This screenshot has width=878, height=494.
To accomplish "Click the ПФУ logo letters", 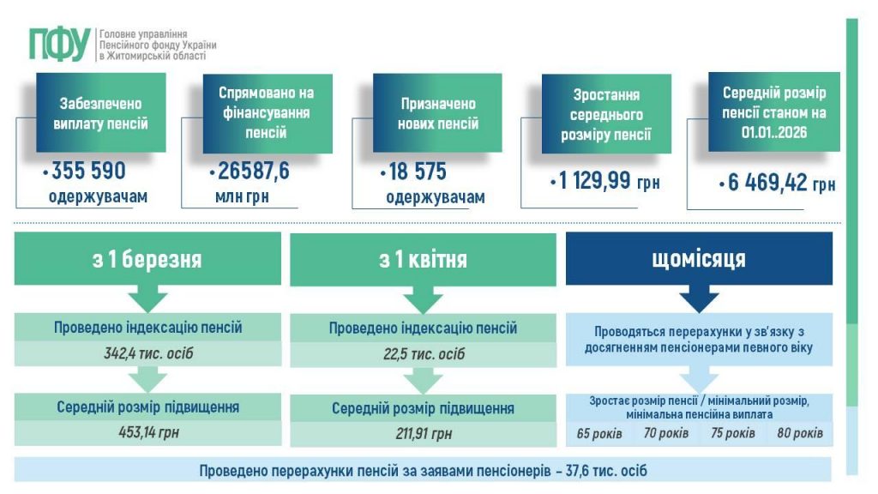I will [59, 44].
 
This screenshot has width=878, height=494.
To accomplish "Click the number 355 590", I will [88, 172].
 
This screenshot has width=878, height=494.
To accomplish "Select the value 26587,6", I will [254, 172].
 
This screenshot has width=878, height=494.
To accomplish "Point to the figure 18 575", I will [416, 172].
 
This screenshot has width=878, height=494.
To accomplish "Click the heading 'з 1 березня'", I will [147, 259].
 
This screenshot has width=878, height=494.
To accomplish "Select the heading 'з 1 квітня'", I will [423, 259].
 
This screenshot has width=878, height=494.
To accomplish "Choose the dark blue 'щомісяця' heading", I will [699, 258].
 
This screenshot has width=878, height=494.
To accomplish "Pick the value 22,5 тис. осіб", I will [423, 354].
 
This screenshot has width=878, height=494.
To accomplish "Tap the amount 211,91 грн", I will [423, 433].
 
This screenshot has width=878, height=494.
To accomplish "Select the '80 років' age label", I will [799, 433].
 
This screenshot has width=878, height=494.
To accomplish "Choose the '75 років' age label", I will [733, 433].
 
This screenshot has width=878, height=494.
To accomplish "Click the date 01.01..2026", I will [774, 134].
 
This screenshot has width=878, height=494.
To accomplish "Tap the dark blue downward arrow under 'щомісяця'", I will [699, 299].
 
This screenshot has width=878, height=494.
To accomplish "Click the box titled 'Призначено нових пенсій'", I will [438, 113].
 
